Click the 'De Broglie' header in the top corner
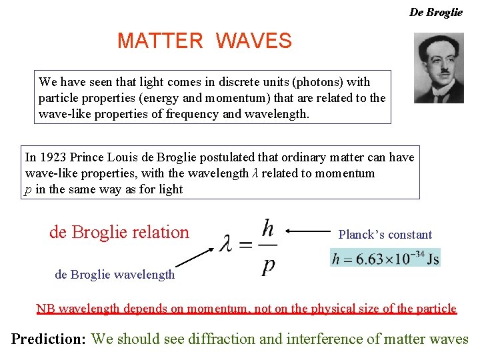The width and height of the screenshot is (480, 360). [x=435, y=12]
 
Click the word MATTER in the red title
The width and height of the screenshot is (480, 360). [x=160, y=41]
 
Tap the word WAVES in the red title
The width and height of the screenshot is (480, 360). [x=254, y=41]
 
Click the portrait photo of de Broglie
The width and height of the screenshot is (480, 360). [x=438, y=69]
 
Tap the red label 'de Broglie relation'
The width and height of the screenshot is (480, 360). [x=119, y=232]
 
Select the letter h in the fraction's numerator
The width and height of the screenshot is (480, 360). [x=267, y=229]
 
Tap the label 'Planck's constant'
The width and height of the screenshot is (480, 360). [x=385, y=235]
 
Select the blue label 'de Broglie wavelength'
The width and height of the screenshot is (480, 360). [x=115, y=274]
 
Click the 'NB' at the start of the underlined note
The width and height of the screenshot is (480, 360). [x=45, y=309]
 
